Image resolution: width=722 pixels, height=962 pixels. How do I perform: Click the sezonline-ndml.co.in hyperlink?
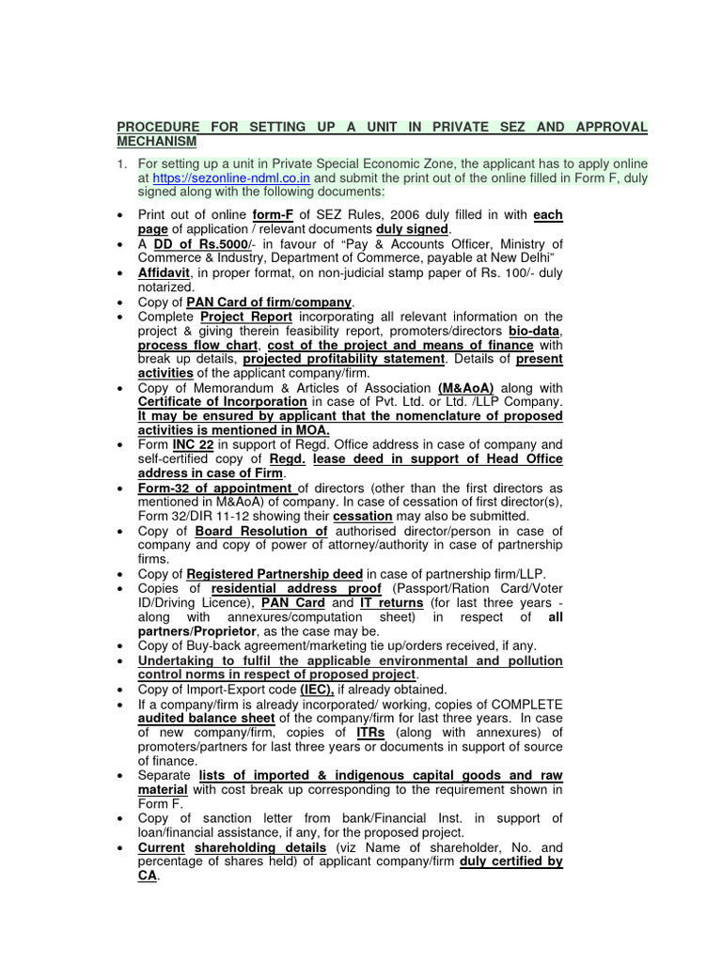click(230, 177)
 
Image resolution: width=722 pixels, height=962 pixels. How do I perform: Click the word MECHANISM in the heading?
click(157, 142)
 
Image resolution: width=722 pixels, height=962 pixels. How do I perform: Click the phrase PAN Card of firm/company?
click(269, 302)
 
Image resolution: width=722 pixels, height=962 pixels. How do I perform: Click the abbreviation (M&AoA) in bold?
click(465, 388)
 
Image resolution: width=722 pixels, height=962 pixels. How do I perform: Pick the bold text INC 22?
click(195, 444)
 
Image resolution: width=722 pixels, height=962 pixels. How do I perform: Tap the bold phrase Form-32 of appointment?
click(215, 488)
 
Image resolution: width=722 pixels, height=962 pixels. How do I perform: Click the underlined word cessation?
click(364, 517)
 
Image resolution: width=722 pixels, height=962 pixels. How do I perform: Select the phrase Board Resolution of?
click(260, 531)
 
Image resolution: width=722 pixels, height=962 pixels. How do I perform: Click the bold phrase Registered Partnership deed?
click(275, 574)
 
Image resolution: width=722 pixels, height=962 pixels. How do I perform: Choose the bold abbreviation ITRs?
click(369, 732)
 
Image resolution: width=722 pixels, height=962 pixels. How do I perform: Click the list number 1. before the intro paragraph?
click(121, 163)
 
